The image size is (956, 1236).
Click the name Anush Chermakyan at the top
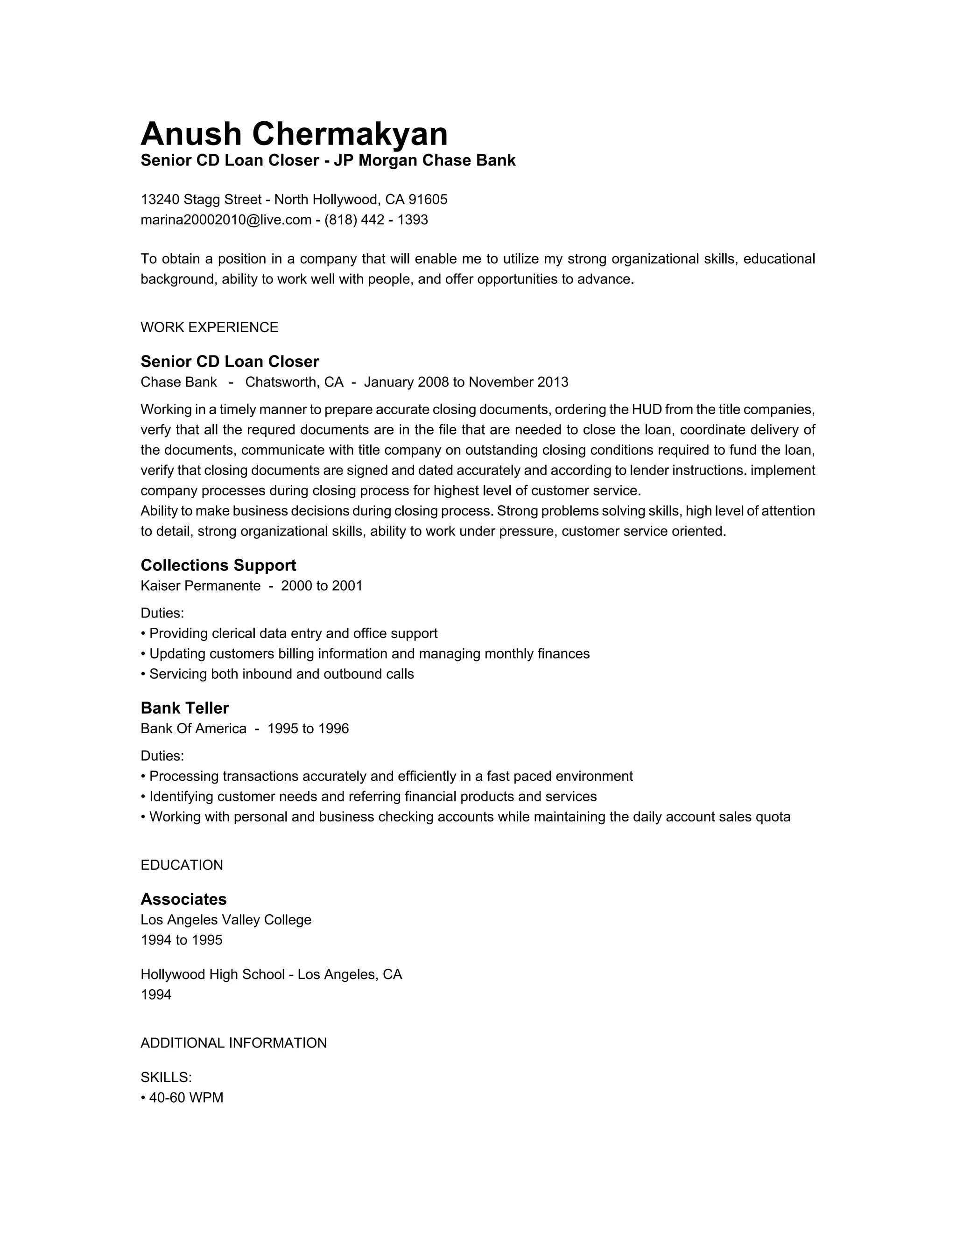(294, 134)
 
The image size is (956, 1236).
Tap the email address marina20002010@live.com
(226, 220)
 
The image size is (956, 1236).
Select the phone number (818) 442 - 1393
(376, 220)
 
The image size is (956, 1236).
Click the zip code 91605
(428, 200)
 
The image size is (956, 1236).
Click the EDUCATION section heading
(181, 865)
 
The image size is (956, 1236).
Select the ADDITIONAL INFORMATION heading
(233, 1043)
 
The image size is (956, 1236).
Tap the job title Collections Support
(218, 565)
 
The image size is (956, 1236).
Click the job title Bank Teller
(185, 708)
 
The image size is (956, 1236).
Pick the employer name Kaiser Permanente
(200, 586)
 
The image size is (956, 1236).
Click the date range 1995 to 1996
(308, 729)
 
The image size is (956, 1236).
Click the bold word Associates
(183, 899)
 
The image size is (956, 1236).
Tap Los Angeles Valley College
(226, 920)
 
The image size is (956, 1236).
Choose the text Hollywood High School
(212, 974)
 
